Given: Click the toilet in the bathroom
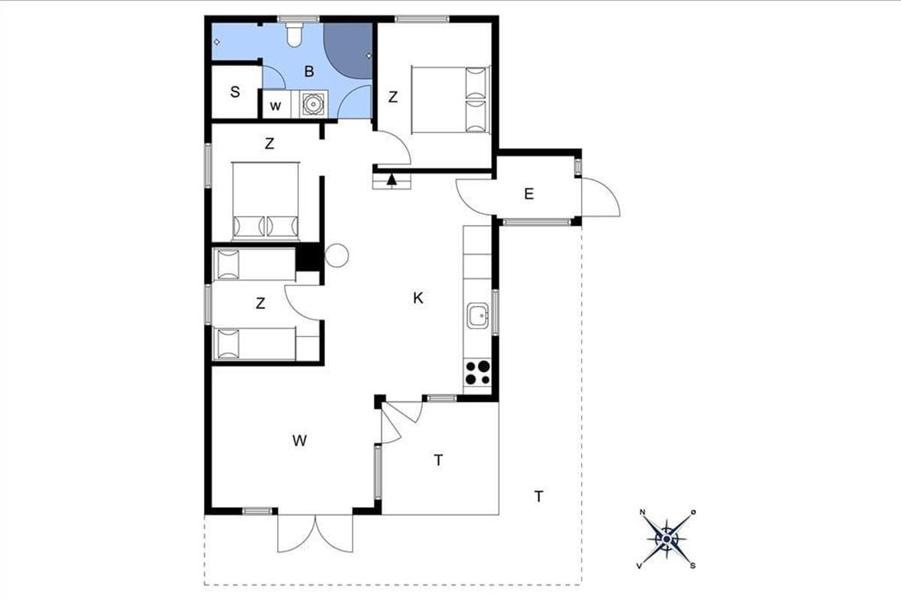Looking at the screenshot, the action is coord(294,34).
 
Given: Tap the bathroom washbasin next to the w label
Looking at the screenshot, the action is coord(312,103).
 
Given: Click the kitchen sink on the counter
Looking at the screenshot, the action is coord(478,316).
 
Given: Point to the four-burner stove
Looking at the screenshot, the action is coord(478,373).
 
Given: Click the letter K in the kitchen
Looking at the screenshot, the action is coord(418,298).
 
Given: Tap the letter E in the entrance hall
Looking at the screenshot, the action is coord(529,194).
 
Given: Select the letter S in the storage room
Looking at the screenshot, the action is coord(235,92).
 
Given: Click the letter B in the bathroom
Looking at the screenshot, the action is coord(309,71).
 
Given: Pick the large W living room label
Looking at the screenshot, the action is coord(300,441).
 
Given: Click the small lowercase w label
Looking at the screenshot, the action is coord(275,106).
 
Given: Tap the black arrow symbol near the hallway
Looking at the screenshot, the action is coord(392,180).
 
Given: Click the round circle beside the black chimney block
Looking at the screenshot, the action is coord(336,256).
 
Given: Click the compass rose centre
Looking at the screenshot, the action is coord(667,539).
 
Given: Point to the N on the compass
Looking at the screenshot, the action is coord(643,512).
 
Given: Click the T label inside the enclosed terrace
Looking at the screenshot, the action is coord(438,460).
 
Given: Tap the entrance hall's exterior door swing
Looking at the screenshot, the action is coord(601,197).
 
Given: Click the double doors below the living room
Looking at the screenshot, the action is coord(315,533).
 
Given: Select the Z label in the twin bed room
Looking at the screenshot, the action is coord(261,304).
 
